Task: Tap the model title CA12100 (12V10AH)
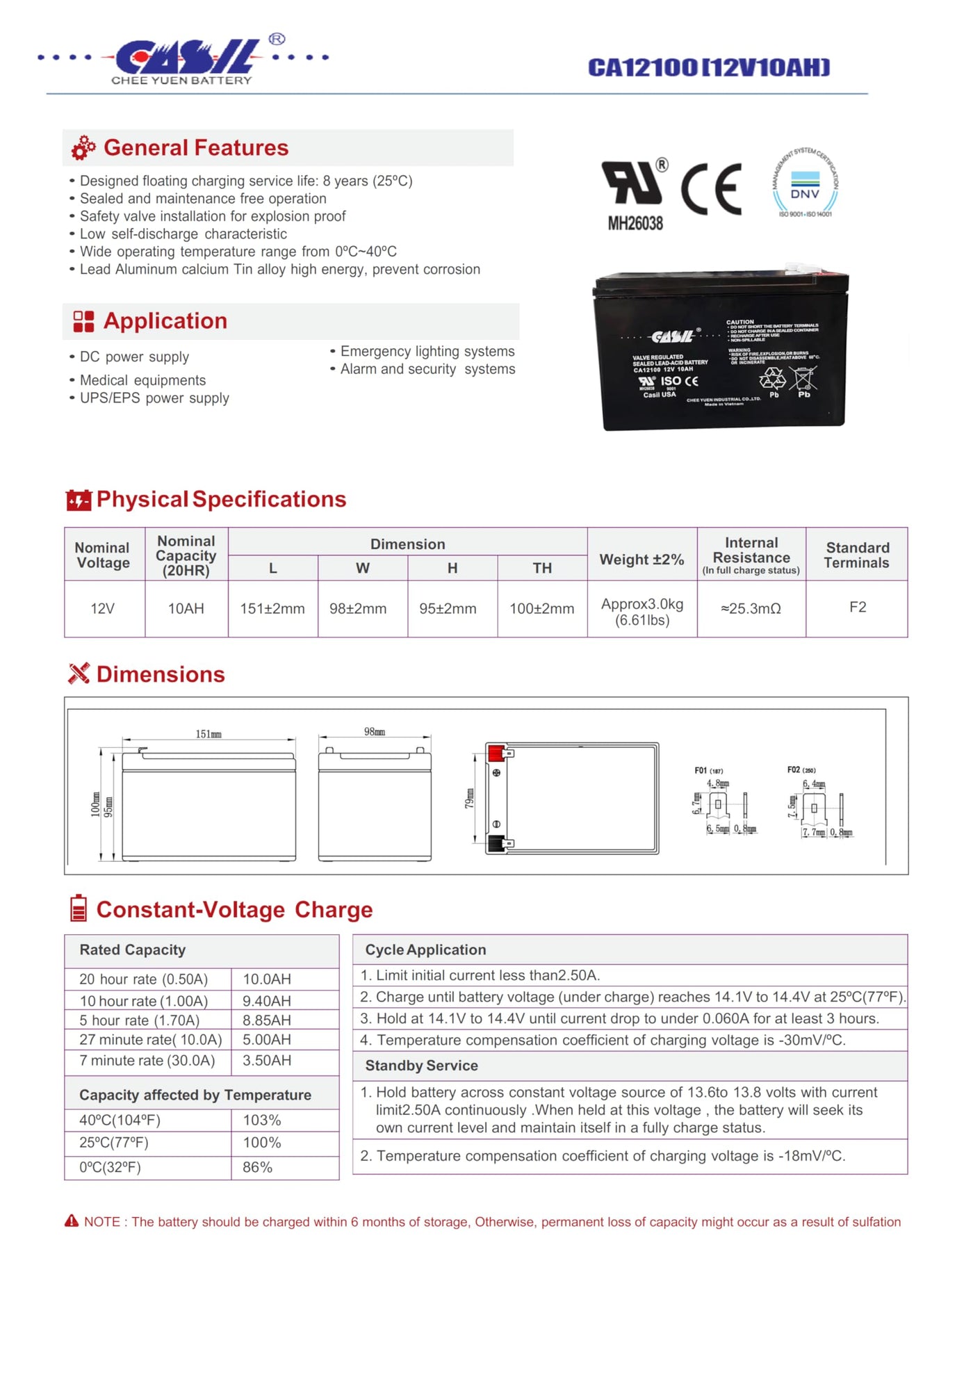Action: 709,67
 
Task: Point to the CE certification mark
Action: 711,189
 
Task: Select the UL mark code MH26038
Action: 635,223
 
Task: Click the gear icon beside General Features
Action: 83,148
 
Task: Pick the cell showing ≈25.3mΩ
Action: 751,609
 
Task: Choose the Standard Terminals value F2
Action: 858,608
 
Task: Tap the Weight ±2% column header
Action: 641,560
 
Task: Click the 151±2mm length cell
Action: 272,609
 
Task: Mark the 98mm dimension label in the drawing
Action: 375,732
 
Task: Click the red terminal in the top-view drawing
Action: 496,753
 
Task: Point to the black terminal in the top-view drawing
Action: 496,843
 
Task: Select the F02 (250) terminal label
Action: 801,770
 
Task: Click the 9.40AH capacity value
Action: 267,1001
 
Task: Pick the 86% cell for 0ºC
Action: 258,1168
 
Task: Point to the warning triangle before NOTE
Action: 72,1221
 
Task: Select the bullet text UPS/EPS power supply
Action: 154,398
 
